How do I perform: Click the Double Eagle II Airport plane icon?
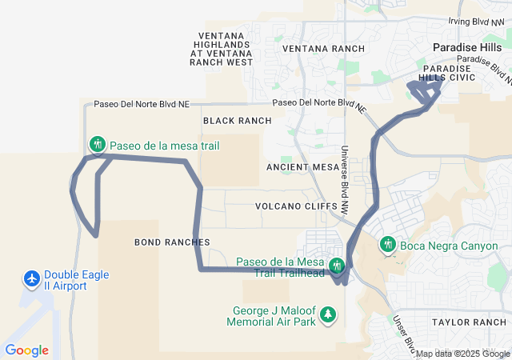click(31, 279)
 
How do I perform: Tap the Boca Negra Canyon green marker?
click(388, 245)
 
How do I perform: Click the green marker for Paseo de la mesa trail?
click(98, 145)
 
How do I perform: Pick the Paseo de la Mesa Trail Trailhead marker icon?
click(338, 265)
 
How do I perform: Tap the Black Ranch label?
click(237, 121)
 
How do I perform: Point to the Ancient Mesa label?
click(303, 167)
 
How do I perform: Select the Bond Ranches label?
click(172, 242)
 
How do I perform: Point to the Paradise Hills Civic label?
click(449, 72)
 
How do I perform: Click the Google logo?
click(26, 350)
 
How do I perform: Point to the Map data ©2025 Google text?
click(462, 354)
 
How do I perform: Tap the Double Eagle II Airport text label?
click(77, 280)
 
